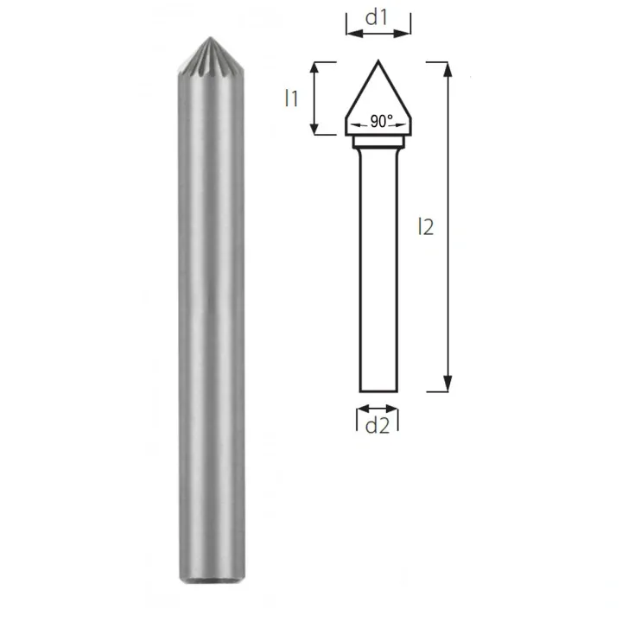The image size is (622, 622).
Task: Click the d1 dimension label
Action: (378, 16)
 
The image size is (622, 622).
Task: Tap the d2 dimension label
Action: (378, 425)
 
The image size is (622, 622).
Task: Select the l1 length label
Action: (291, 98)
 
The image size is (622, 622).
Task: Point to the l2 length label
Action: (424, 226)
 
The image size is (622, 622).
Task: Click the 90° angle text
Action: (381, 123)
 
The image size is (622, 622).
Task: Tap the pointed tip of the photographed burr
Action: (208, 38)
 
